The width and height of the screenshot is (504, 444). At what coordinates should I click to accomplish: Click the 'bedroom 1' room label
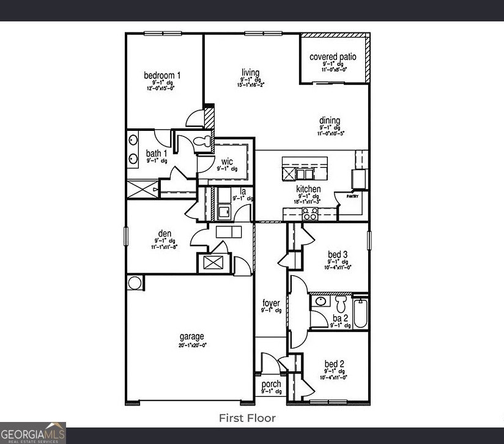(x=162, y=76)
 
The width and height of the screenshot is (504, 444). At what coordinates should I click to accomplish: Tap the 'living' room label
(x=250, y=73)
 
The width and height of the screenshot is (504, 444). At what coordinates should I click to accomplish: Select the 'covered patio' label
(x=333, y=57)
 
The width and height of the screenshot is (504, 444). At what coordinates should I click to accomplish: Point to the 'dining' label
(x=329, y=120)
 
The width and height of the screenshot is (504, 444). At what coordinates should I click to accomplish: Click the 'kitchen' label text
(x=308, y=189)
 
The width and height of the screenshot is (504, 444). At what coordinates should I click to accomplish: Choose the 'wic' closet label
(x=227, y=161)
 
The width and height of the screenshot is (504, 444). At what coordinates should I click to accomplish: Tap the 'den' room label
(x=165, y=234)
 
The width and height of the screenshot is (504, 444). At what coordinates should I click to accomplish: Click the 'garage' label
(x=191, y=336)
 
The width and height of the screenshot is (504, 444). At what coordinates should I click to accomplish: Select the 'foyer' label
(x=271, y=303)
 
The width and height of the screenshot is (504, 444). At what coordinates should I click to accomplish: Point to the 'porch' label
(x=271, y=384)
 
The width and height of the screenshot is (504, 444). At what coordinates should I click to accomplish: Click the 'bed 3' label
(x=338, y=254)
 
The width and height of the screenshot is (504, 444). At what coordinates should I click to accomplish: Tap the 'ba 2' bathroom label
(x=340, y=318)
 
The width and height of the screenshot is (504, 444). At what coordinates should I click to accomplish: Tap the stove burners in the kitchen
(x=310, y=214)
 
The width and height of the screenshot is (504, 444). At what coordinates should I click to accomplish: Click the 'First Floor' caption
(x=247, y=418)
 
